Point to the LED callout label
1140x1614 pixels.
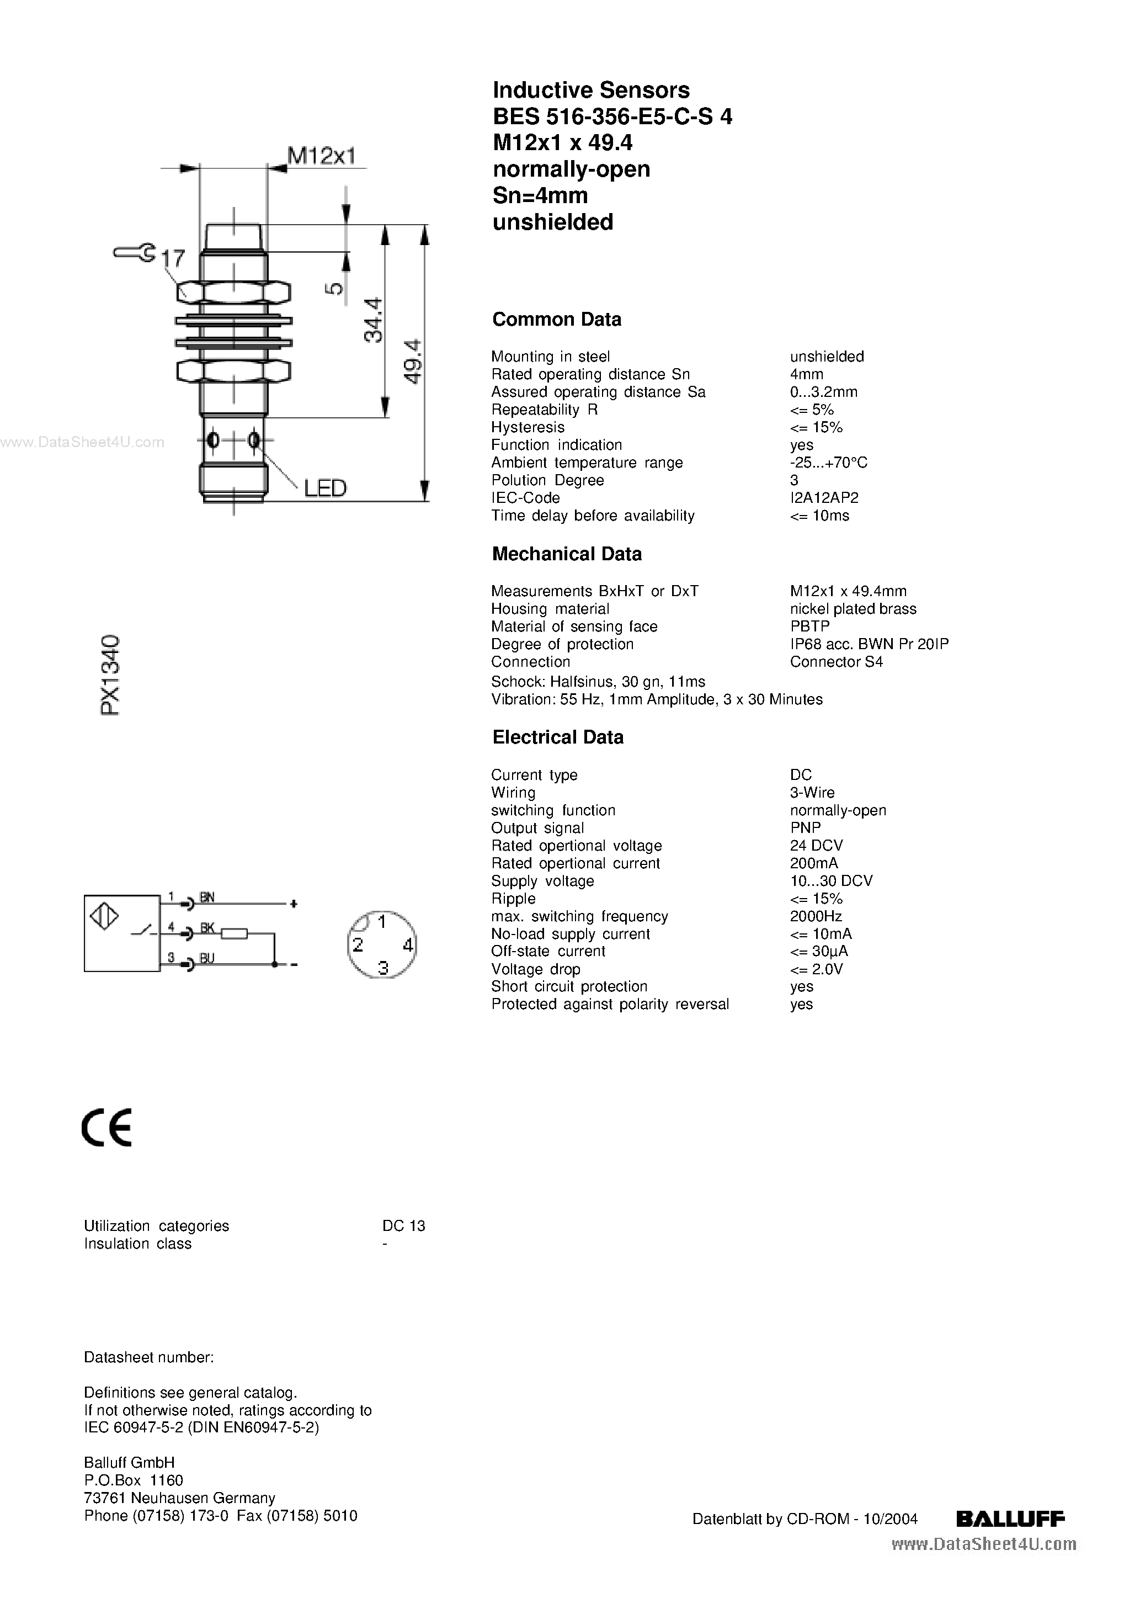click(324, 488)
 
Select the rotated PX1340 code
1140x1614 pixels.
click(111, 675)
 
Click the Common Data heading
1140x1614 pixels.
click(557, 320)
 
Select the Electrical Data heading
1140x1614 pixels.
click(558, 737)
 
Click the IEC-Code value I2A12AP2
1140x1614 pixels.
click(824, 498)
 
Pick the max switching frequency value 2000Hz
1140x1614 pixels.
click(816, 916)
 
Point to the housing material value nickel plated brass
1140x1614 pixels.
click(853, 609)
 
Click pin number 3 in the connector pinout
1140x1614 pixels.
click(383, 968)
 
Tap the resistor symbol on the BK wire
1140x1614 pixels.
click(235, 933)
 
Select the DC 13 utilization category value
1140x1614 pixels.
click(403, 1226)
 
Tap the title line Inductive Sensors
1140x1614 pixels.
click(591, 90)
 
